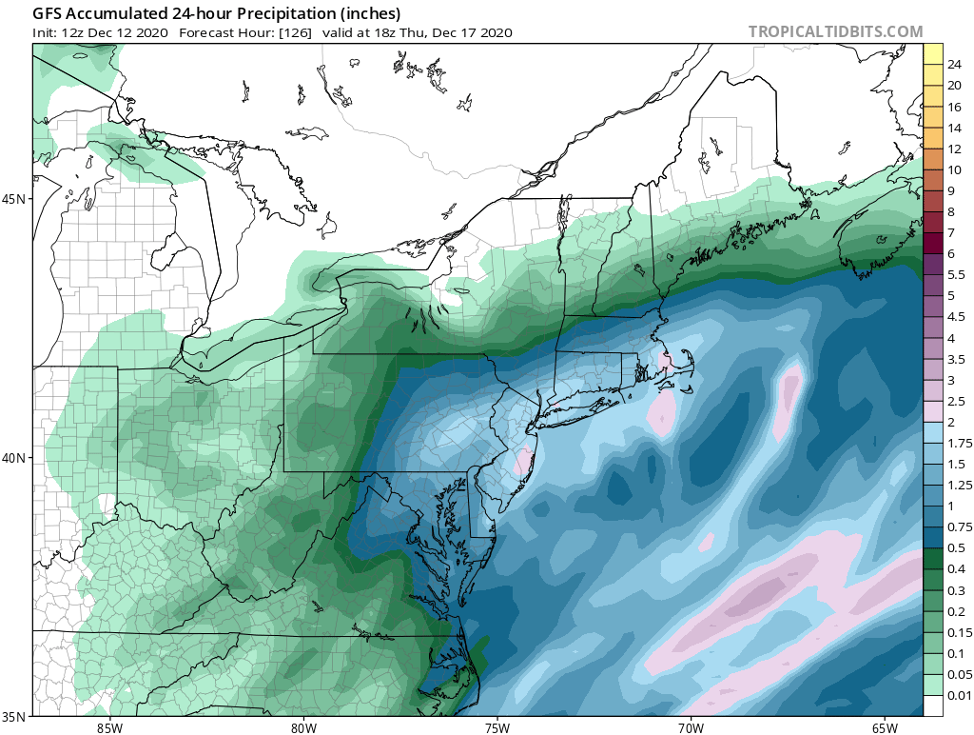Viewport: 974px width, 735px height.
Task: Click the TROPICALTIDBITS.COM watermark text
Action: pyautogui.click(x=835, y=31)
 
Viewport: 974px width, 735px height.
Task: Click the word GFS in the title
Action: pyautogui.click(x=48, y=14)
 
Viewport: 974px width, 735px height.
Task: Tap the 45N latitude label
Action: pyautogui.click(x=18, y=199)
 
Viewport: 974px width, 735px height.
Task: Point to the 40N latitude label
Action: pyautogui.click(x=18, y=457)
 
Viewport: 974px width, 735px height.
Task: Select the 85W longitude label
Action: pyautogui.click(x=109, y=727)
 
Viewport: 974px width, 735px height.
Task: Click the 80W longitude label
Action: pyautogui.click(x=303, y=727)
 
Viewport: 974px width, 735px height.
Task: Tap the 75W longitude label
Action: pyautogui.click(x=497, y=727)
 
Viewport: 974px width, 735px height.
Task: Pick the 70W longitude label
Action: pyautogui.click(x=691, y=727)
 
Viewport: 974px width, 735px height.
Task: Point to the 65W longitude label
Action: pyautogui.click(x=884, y=727)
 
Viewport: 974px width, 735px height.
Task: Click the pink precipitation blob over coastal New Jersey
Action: pyautogui.click(x=521, y=463)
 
